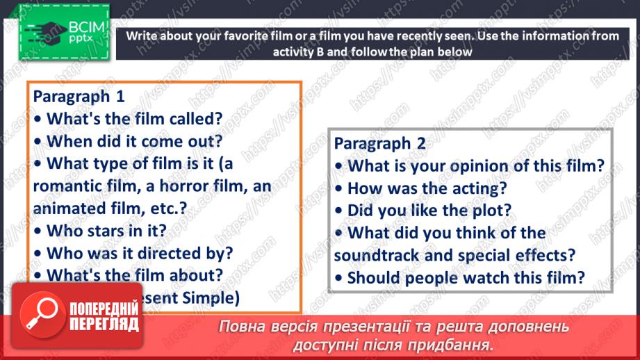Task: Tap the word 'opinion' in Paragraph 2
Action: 479,165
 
